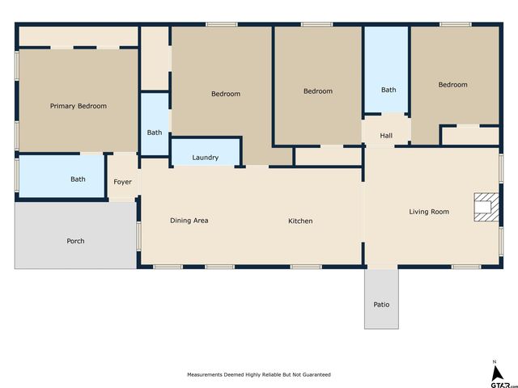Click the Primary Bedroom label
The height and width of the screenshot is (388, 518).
click(x=79, y=106)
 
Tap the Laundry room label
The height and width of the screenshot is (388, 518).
click(x=205, y=158)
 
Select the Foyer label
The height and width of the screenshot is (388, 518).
click(x=122, y=182)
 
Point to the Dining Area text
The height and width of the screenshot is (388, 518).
click(x=189, y=221)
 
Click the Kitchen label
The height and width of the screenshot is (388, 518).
click(x=300, y=221)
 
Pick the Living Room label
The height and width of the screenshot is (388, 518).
click(x=429, y=212)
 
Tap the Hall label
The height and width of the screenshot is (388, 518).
click(x=386, y=135)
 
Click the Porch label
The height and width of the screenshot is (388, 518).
click(x=75, y=241)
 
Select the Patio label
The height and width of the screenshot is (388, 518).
click(x=381, y=305)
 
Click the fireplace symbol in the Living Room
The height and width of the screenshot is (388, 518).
click(x=483, y=206)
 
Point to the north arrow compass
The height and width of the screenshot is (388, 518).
click(x=495, y=372)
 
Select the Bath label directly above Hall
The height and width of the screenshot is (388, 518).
click(x=388, y=90)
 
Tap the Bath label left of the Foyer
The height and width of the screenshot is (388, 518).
click(x=79, y=179)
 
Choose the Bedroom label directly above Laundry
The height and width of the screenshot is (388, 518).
click(x=226, y=94)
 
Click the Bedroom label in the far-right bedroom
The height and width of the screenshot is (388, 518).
click(x=453, y=85)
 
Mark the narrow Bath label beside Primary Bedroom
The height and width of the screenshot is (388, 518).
click(x=155, y=133)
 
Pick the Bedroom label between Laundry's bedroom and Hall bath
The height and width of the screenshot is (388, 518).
click(x=318, y=91)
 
